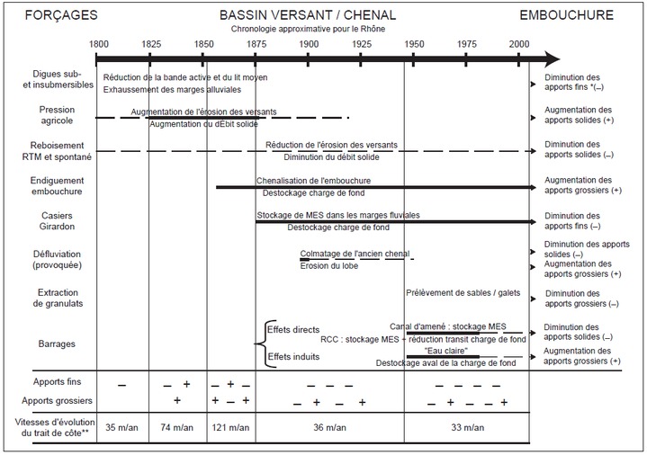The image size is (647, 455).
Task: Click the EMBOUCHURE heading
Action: (x=567, y=15)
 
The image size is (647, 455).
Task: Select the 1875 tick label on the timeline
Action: (x=256, y=44)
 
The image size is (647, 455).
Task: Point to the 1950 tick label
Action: (x=415, y=44)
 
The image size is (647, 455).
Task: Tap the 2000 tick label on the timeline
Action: (x=518, y=44)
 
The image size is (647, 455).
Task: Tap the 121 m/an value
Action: (x=230, y=426)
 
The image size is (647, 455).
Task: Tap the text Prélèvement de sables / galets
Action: (x=464, y=292)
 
